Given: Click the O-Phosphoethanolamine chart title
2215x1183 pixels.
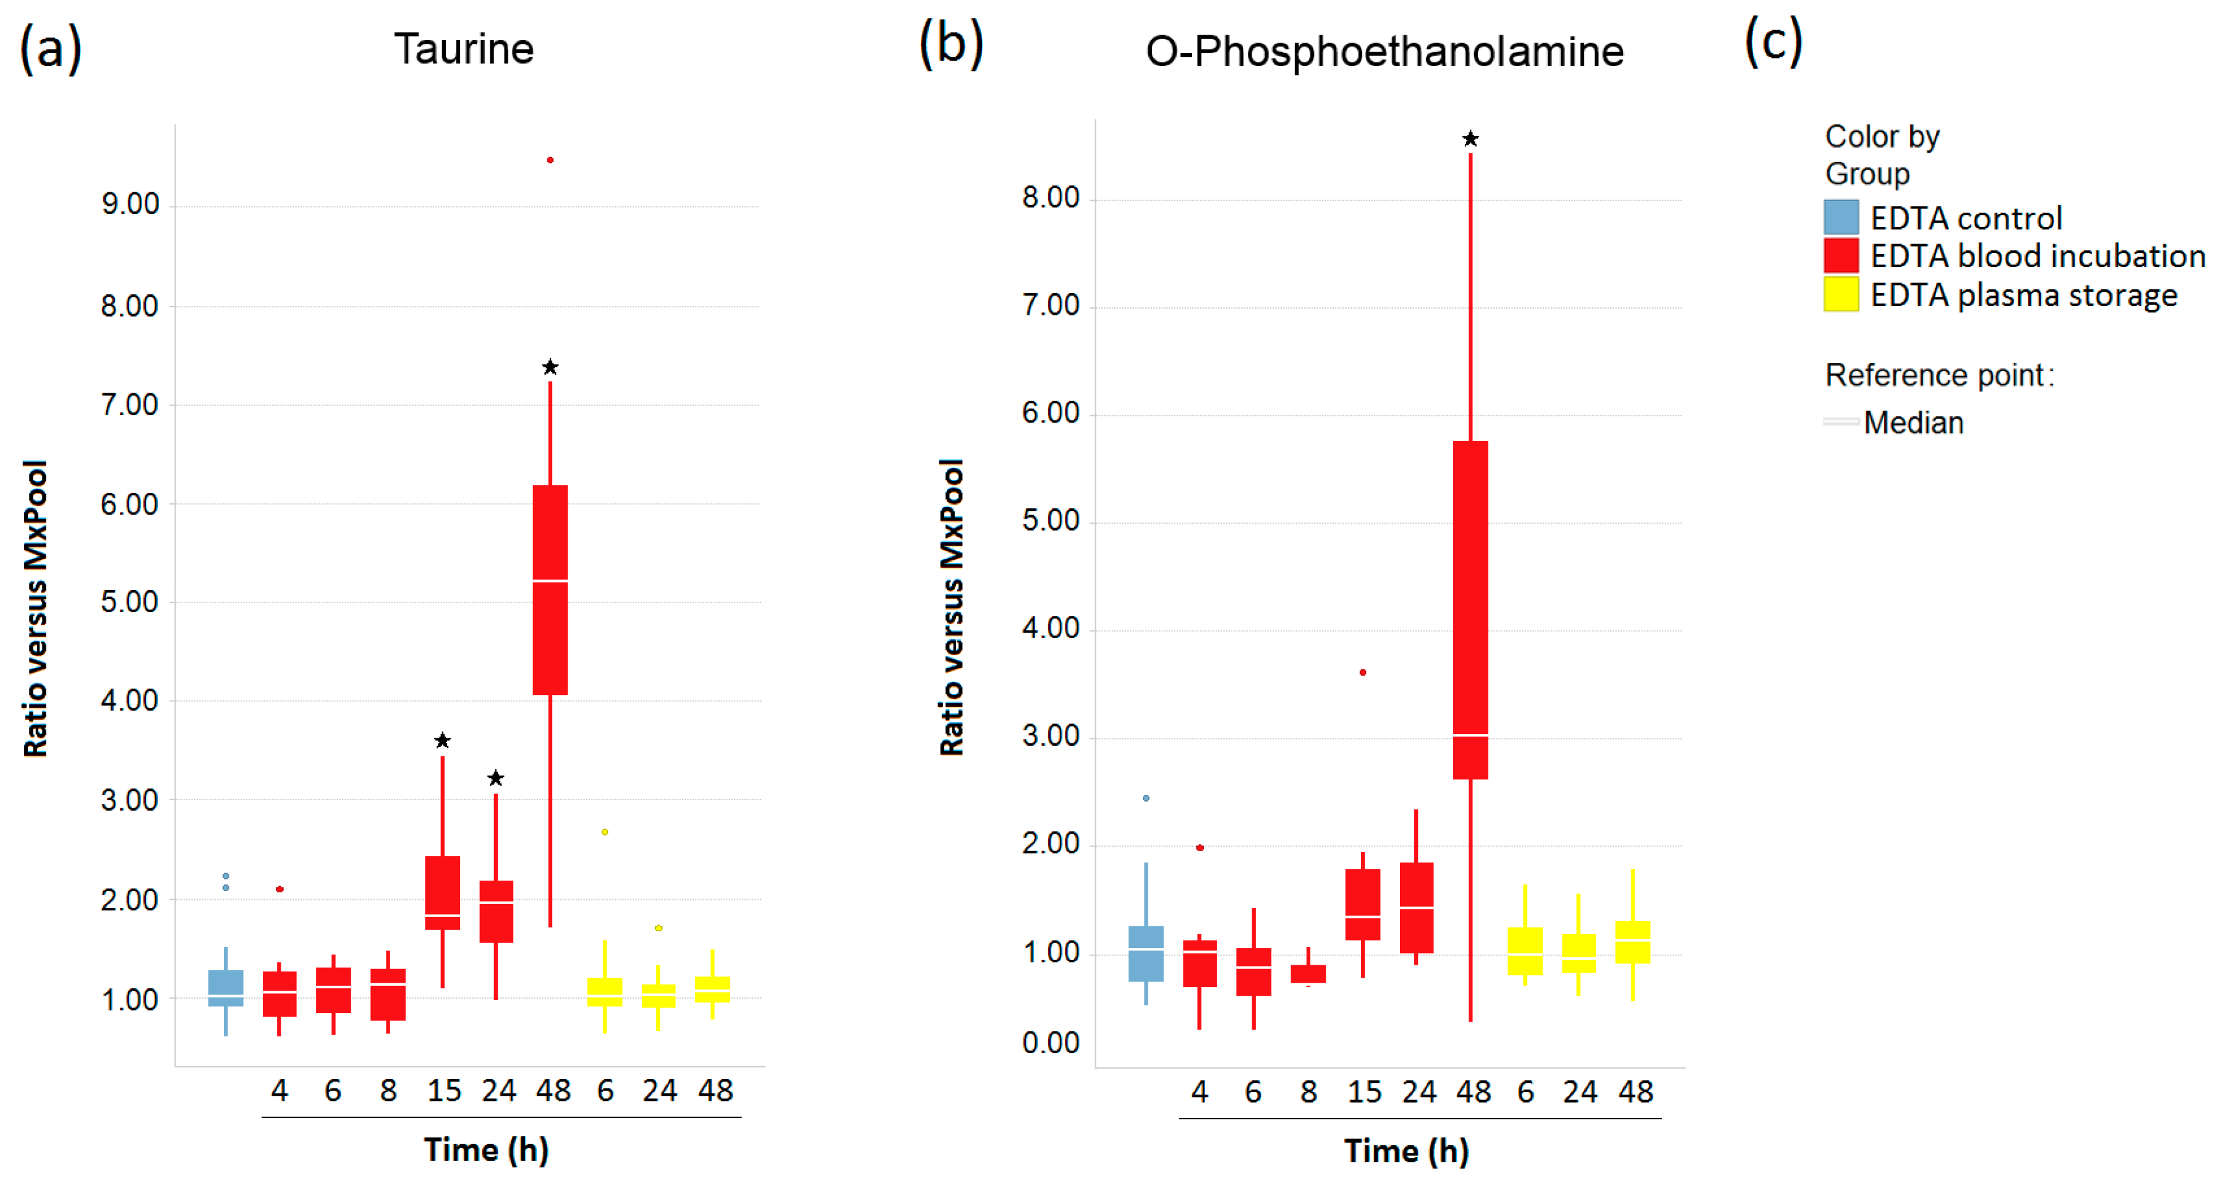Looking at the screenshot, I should (1385, 51).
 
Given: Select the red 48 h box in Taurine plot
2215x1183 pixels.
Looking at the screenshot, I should (550, 590).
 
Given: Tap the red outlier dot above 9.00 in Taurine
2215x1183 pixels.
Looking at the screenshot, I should (550, 160).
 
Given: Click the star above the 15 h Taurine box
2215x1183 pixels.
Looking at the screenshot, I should (442, 740).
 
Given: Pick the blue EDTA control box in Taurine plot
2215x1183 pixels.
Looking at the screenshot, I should (226, 988).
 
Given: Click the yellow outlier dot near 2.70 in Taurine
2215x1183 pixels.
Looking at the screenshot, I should (605, 831).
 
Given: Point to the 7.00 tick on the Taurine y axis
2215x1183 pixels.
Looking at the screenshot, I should (130, 405).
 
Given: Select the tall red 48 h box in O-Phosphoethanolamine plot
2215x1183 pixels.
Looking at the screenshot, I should (1470, 610).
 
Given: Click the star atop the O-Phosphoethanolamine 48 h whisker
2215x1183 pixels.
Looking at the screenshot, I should (1470, 139).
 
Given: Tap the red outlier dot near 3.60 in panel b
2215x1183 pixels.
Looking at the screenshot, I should (1363, 672).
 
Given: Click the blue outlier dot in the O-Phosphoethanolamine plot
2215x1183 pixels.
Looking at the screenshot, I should (1146, 798).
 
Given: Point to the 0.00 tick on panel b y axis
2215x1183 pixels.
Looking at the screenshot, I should (1050, 1043).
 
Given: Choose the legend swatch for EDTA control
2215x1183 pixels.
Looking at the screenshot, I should (1841, 218).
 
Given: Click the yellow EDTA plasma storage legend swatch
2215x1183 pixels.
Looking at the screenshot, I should (1841, 294).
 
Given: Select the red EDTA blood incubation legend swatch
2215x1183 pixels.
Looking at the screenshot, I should (1841, 255).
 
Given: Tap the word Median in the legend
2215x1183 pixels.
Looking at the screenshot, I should (1913, 422).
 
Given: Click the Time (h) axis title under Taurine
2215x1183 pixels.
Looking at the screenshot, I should (486, 1150).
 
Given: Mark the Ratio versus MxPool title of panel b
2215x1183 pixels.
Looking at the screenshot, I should (952, 607).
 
